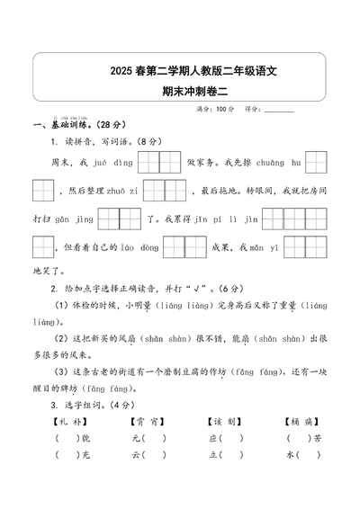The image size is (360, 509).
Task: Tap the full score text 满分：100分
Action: coord(216,109)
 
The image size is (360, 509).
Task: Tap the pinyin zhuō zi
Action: coord(123,192)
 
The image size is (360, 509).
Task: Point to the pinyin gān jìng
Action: coord(75,219)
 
